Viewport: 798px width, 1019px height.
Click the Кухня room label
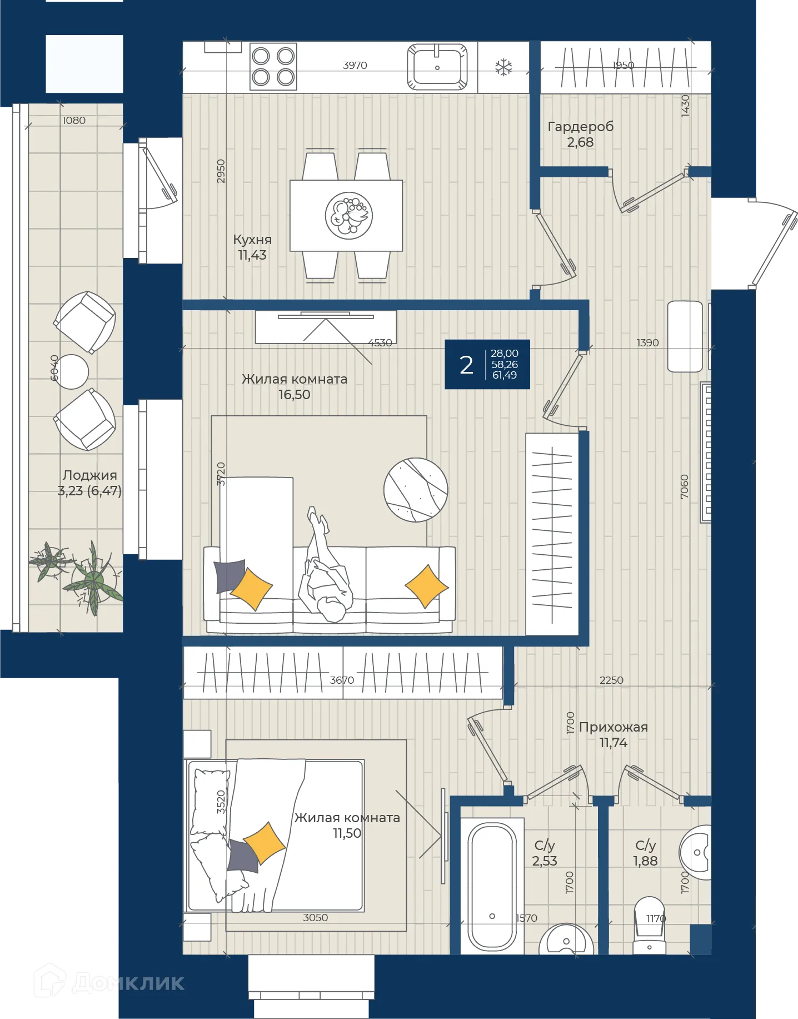coord(252,240)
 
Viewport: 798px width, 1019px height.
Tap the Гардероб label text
coord(581,127)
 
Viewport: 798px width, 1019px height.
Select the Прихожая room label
coord(614,727)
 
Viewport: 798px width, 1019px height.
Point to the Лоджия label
coord(90,475)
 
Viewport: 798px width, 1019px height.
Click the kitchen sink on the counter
coord(437,67)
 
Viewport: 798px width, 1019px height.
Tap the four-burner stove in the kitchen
coord(273,67)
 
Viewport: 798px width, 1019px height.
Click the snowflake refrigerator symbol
coord(503,68)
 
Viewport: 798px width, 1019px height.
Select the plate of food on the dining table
coord(349,216)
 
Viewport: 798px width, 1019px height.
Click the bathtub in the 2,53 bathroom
coord(492,887)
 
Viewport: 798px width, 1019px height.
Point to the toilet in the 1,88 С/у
coord(650,926)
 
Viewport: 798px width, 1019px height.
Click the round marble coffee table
coord(416,490)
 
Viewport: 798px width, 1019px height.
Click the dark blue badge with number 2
coord(487,364)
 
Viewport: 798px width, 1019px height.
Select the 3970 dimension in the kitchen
coord(355,65)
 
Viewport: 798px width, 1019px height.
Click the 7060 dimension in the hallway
coord(685,486)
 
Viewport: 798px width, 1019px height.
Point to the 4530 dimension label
coord(380,343)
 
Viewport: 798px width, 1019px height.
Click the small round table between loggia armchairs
coord(71,371)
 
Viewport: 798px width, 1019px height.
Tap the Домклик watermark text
coord(128,983)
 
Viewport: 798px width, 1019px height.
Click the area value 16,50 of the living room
coord(295,395)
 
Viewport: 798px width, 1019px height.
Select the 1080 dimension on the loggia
coord(74,121)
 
